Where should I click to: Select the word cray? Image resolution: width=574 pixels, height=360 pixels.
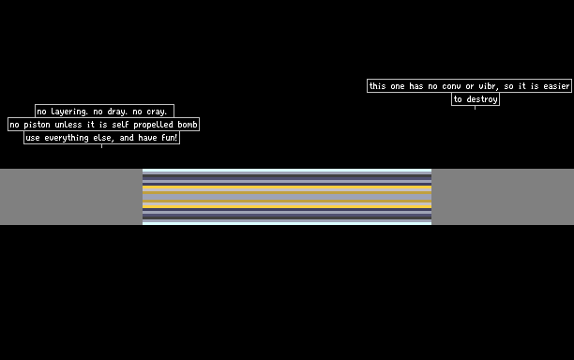coord(157,112)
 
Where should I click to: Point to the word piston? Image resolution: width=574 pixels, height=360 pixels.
coord(37,125)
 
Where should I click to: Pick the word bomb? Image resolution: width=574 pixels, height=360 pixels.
coord(188,125)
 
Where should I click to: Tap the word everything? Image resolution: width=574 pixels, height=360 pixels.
coord(67,138)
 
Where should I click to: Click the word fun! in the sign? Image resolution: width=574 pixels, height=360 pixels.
coord(169,138)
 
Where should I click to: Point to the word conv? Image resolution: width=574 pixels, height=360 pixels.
coord(451,86)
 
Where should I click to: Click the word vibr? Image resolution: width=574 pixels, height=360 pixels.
coord(489,86)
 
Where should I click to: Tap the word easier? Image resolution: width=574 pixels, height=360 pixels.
coord(556,86)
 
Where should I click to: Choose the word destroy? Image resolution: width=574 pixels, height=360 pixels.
coord(482,99)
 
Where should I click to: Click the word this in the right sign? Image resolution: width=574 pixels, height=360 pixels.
coord(377,86)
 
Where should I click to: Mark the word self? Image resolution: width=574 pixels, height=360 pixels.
coord(120,125)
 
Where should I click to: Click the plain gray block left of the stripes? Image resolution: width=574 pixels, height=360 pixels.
coord(71,197)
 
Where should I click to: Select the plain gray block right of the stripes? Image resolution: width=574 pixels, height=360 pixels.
coord(503,197)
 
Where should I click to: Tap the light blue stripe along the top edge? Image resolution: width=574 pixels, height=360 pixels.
coord(287,171)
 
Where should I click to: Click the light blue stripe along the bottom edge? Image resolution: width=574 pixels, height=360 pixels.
coord(287,223)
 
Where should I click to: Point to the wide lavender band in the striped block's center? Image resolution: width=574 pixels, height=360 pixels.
coord(287,197)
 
